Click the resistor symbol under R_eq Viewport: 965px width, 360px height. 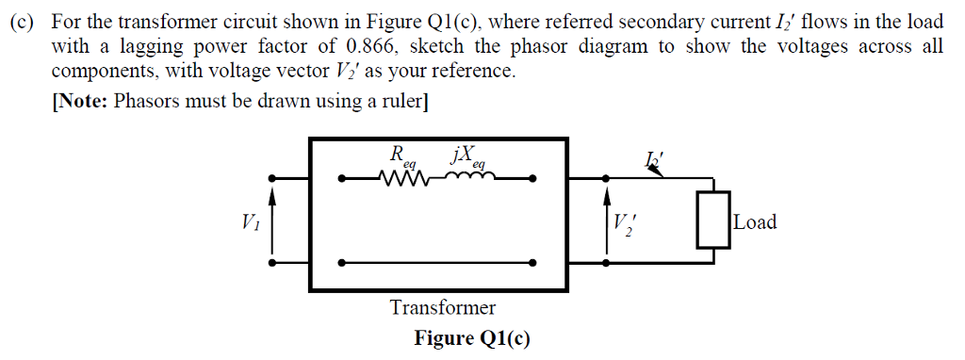click(x=403, y=177)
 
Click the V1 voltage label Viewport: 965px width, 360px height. click(x=250, y=223)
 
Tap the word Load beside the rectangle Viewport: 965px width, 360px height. click(x=756, y=222)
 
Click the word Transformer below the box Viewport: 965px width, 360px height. click(x=442, y=307)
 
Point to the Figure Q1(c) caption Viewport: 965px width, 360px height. click(x=471, y=338)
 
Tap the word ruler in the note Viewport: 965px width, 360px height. click(x=401, y=101)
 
